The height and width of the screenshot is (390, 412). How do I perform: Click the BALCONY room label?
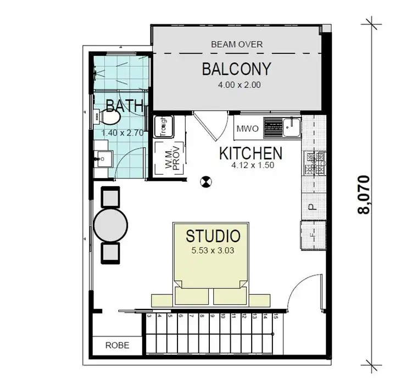tap(236, 69)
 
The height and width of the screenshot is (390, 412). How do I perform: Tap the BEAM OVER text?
tap(237, 44)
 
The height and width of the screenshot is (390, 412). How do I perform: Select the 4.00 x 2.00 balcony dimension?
tap(237, 85)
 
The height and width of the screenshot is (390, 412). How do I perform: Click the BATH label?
tap(124, 105)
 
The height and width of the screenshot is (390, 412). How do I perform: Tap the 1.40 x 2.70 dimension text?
tap(122, 132)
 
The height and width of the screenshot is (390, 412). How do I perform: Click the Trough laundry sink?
tap(163, 127)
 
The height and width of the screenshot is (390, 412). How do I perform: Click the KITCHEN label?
tap(250, 152)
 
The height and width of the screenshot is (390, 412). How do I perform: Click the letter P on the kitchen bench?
tap(310, 207)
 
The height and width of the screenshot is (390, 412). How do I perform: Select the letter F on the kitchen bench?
tap(311, 235)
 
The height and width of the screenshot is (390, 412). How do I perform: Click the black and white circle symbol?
tap(205, 180)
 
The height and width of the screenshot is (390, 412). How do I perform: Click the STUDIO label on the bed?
tap(213, 237)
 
